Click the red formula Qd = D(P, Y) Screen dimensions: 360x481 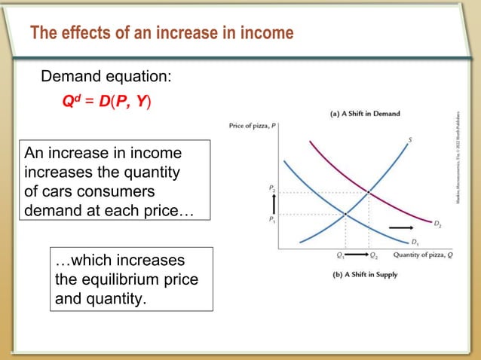tap(106, 101)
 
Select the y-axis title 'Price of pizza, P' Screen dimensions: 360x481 tap(253, 126)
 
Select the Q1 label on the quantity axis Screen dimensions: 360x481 tap(341, 255)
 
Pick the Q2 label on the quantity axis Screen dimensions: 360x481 tap(375, 255)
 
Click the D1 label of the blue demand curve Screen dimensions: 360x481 tap(415, 242)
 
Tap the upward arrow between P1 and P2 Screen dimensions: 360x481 tap(274, 203)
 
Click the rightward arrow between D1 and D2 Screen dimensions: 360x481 tap(401, 227)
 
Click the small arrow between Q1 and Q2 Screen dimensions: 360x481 tap(357, 255)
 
